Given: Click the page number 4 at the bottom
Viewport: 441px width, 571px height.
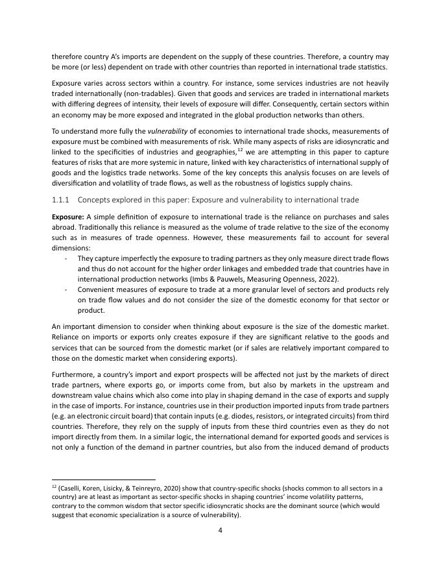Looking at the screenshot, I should pyautogui.click(x=220, y=530).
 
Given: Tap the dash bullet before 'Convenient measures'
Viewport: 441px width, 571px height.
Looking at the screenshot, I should pyautogui.click(x=67, y=289).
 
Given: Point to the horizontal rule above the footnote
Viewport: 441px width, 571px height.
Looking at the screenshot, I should pyautogui.click(x=103, y=480).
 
